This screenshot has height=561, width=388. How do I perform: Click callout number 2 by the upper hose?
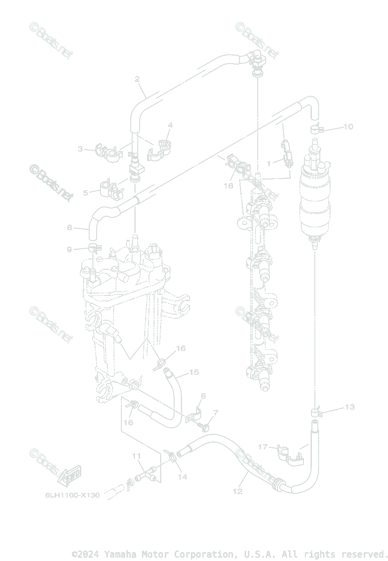point(137,79)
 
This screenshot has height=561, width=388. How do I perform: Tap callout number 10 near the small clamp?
point(348,127)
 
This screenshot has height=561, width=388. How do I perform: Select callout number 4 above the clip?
point(170,125)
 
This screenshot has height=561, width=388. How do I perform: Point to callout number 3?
point(80,149)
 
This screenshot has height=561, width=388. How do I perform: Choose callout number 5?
point(85,192)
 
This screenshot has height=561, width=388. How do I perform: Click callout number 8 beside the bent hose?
point(70,228)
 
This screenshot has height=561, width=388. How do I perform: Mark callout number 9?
point(70,250)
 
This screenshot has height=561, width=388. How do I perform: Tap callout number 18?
point(228,186)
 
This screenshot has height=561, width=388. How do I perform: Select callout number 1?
point(269,163)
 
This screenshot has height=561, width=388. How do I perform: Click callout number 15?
point(194,373)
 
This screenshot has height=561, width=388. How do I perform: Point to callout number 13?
point(350,407)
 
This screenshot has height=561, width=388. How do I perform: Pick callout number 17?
point(263,447)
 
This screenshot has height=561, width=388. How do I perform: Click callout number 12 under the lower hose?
point(238,491)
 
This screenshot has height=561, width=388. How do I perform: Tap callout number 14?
point(183,477)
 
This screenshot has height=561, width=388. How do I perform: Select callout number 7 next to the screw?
point(215,413)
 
